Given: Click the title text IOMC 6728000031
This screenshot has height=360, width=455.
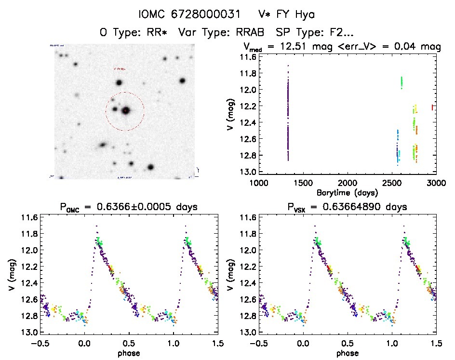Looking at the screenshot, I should [x=189, y=14].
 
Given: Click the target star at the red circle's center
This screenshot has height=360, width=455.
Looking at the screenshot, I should [x=126, y=110].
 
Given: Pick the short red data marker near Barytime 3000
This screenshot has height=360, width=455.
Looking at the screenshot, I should [x=432, y=107].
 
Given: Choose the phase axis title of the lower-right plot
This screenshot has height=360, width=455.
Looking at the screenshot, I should [x=348, y=353].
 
